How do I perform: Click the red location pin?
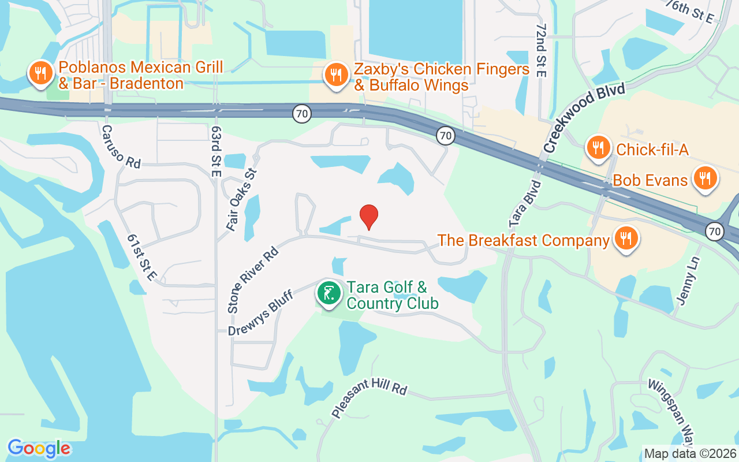click(369, 217)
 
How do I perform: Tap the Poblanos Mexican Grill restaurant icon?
click(40, 74)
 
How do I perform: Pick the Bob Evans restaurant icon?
click(704, 179)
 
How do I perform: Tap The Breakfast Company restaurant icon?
click(624, 238)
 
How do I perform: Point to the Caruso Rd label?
click(121, 147)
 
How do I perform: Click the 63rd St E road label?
click(216, 151)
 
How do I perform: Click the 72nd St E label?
click(540, 51)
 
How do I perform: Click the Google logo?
click(39, 448)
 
